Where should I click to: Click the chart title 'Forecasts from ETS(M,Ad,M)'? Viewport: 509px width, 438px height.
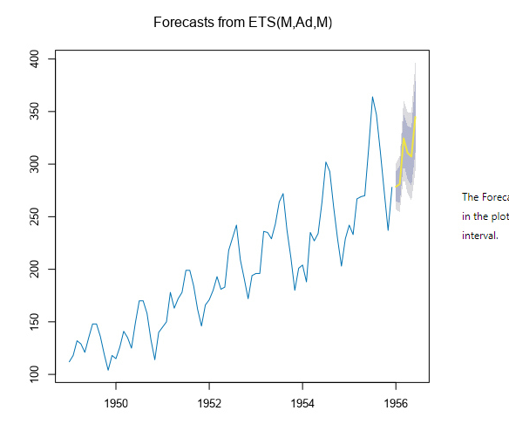click(242, 21)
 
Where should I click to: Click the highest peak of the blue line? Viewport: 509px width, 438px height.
click(372, 97)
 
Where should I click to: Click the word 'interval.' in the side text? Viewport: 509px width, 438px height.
click(479, 236)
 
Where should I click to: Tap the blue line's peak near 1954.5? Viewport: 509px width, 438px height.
click(325, 162)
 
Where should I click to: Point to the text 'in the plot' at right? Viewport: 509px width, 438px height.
click(485, 216)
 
